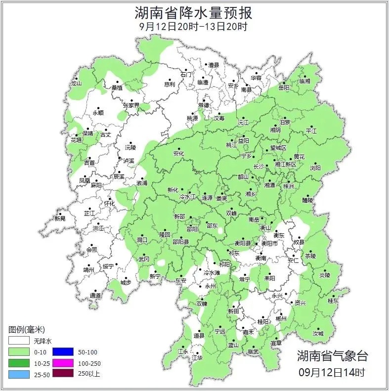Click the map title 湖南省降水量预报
[x=194, y=12]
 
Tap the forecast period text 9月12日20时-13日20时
[x=194, y=27]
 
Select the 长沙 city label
[x=259, y=167]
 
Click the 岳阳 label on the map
[x=284, y=87]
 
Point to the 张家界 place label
[x=131, y=105]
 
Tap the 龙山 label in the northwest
[x=76, y=84]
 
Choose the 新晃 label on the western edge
[x=60, y=218]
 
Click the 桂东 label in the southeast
[x=334, y=301]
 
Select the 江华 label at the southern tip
[x=197, y=357]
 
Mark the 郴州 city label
[x=281, y=319]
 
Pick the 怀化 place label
[x=109, y=204]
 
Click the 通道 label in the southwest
[x=95, y=296]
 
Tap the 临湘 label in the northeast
[x=305, y=81]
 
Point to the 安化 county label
[x=178, y=154]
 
